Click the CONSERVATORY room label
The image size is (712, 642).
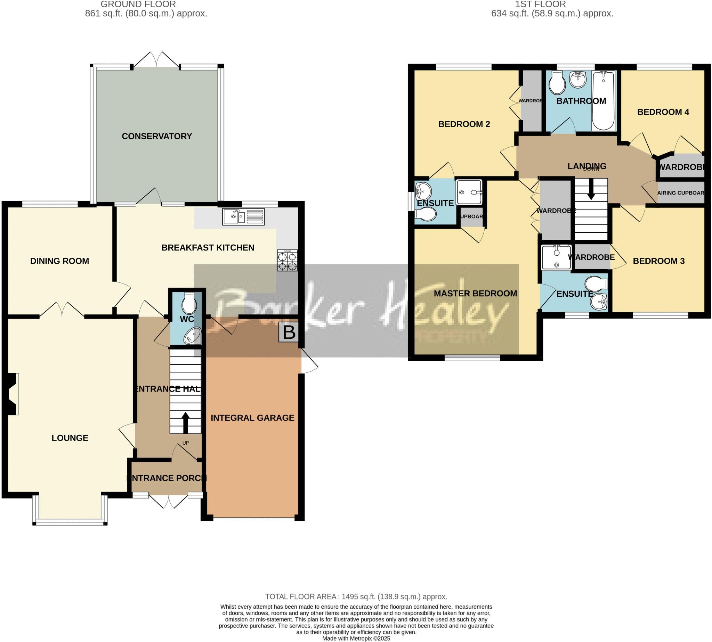(157, 136)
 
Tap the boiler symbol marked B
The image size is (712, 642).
(289, 332)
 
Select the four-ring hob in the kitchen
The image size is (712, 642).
(288, 261)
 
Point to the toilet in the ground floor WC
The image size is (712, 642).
(189, 304)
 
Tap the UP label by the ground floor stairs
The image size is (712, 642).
(185, 443)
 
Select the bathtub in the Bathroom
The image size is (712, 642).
(603, 100)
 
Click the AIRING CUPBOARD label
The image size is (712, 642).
(680, 193)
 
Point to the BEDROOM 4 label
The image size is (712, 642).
(663, 112)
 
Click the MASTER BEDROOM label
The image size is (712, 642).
(475, 294)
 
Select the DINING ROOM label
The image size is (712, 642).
(60, 261)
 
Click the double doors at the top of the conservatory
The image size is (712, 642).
(156, 60)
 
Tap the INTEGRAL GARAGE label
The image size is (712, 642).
(252, 418)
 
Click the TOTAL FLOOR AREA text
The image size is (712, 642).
(356, 597)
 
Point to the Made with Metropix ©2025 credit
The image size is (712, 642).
(356, 639)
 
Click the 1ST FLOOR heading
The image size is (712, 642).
(540, 4)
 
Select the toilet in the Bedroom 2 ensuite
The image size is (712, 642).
(426, 214)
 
